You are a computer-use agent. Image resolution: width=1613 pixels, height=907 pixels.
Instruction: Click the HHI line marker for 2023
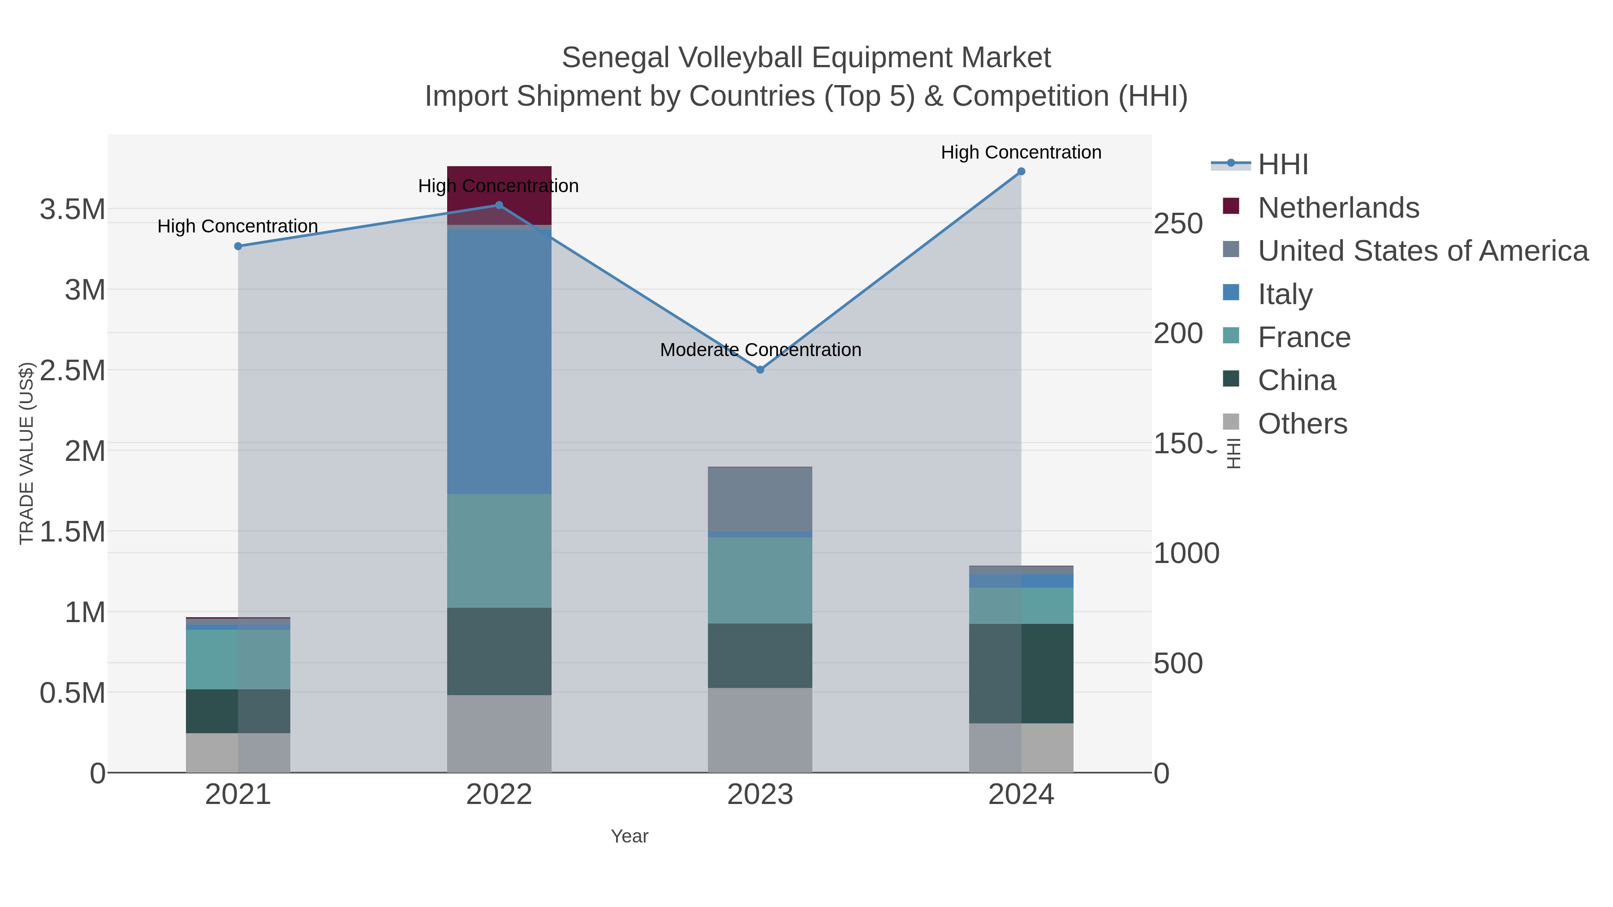tap(760, 370)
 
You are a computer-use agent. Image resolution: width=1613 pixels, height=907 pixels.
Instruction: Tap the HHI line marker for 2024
tap(1021, 172)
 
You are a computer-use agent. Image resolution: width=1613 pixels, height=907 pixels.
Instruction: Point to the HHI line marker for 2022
tap(499, 205)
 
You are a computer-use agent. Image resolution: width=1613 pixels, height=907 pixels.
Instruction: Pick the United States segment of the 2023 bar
tap(760, 499)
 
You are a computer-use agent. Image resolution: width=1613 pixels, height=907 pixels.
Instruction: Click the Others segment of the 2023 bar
tap(760, 730)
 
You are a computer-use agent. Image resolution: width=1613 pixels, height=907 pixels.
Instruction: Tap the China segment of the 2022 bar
tap(499, 651)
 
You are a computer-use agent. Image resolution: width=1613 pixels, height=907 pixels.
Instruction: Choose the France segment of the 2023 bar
tap(760, 580)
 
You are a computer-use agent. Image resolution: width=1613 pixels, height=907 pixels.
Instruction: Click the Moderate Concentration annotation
tap(760, 350)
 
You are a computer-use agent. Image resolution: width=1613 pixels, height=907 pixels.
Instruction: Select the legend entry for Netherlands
tap(1338, 208)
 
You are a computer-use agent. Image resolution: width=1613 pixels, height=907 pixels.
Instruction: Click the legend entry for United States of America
tap(1423, 251)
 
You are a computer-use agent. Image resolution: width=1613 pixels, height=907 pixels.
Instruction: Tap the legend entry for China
tap(1296, 381)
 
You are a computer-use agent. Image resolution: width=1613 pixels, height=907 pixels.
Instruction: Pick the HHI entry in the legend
tap(1282, 165)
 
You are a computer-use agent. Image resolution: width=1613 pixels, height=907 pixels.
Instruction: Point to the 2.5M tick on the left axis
tap(73, 370)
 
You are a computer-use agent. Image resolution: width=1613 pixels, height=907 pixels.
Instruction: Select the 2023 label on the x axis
tap(760, 795)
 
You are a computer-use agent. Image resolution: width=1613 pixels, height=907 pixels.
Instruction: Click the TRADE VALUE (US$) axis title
tap(26, 453)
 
